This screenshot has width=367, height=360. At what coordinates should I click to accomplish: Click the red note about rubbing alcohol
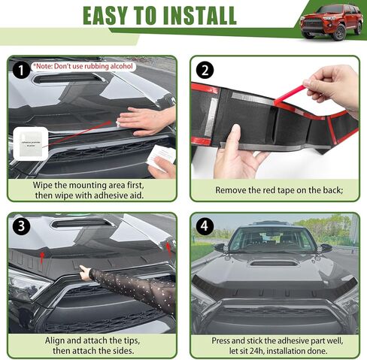[x=84, y=66]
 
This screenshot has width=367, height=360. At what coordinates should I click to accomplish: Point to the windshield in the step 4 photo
[x=272, y=240]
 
